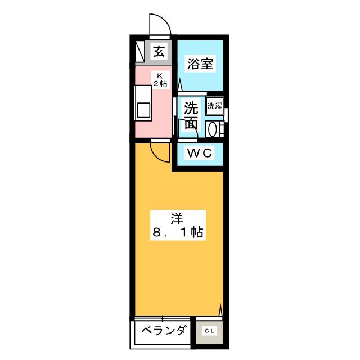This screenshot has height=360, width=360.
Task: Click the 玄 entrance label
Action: point(159,52)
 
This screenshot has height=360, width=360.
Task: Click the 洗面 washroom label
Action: point(191,115)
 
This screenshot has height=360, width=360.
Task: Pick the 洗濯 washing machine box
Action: point(214,105)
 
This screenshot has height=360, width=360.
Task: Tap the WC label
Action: point(199,152)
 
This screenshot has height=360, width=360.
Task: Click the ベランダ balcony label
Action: point(164,331)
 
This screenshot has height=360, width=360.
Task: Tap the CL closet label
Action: point(209,331)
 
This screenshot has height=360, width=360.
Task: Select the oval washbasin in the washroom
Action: point(213,129)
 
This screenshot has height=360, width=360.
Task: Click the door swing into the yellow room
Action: point(161,152)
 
